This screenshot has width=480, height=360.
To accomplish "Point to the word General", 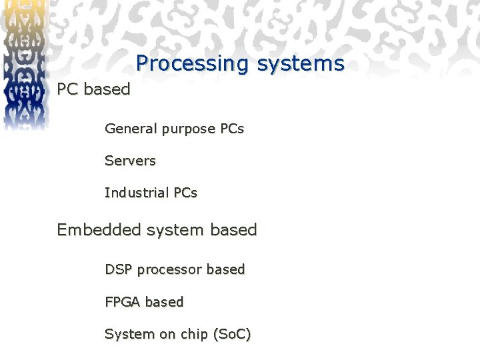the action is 131,128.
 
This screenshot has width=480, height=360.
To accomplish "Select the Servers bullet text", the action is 130,161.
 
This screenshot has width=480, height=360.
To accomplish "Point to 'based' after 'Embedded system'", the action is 233,229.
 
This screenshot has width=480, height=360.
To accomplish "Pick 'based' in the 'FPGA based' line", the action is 164,301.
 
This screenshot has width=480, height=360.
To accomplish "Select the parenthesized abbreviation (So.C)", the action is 231,334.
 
